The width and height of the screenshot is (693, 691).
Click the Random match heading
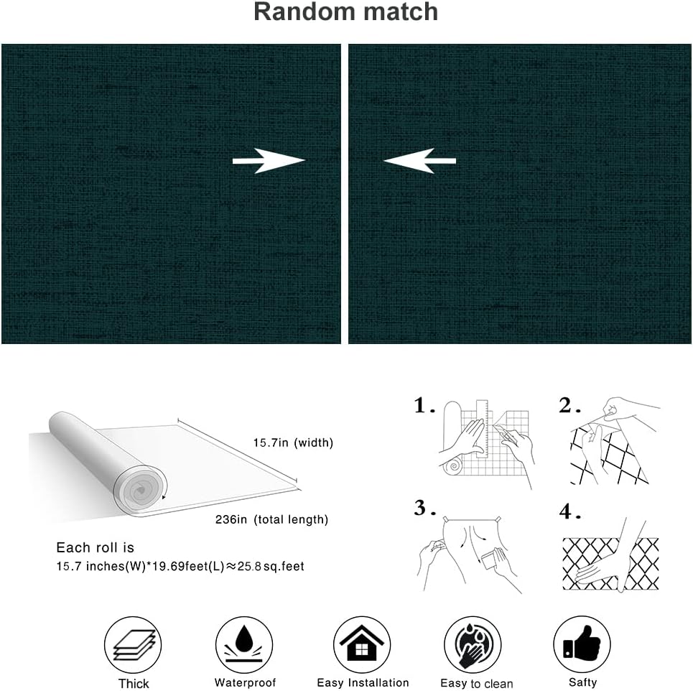345,12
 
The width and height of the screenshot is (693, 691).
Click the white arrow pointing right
269,162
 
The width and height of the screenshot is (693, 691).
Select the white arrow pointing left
420,161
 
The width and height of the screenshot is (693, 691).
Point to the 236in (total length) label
271,519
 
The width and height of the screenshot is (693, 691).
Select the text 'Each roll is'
96,548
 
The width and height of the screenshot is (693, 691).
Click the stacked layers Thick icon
134,644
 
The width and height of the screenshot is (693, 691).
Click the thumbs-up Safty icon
582,644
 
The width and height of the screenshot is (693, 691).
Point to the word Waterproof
245,683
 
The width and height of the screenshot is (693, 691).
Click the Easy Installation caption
363,683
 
